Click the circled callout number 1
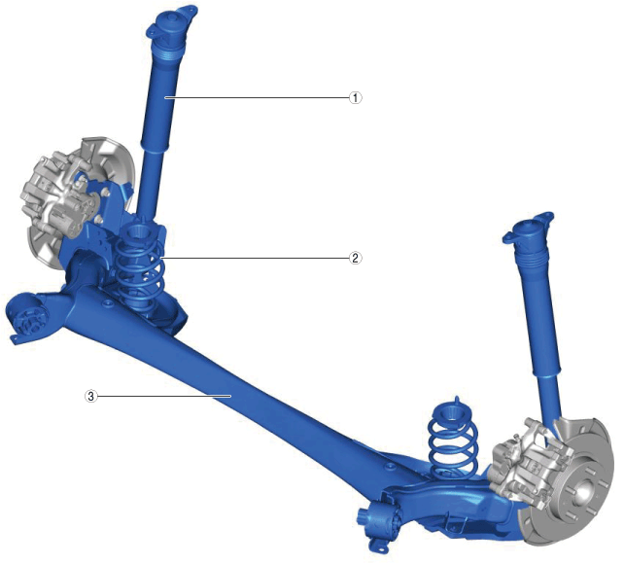tap(356, 97)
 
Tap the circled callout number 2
tap(356, 258)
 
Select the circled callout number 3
tap(91, 396)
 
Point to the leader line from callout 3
tap(164, 396)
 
